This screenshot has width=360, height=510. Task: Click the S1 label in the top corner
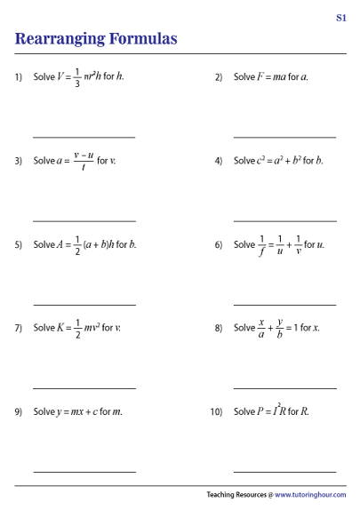[341, 18]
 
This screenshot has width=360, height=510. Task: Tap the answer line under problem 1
[84, 137]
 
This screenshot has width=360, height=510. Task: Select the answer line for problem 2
[284, 137]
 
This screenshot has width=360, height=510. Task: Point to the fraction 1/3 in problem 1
[77, 77]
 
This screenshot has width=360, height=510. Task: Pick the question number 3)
[19, 161]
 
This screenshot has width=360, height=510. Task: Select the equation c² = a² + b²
[278, 161]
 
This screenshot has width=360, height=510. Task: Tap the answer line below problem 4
[284, 221]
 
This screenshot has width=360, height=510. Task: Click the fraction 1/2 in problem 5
[77, 244]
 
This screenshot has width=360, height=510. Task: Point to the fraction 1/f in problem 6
[262, 244]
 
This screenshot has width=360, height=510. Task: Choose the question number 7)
[19, 328]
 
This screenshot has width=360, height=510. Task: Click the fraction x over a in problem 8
[262, 328]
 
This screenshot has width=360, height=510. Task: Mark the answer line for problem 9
[84, 472]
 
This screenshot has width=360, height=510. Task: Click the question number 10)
[216, 412]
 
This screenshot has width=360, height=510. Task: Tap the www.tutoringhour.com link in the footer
[310, 495]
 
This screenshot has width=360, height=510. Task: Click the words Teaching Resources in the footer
[234, 495]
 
